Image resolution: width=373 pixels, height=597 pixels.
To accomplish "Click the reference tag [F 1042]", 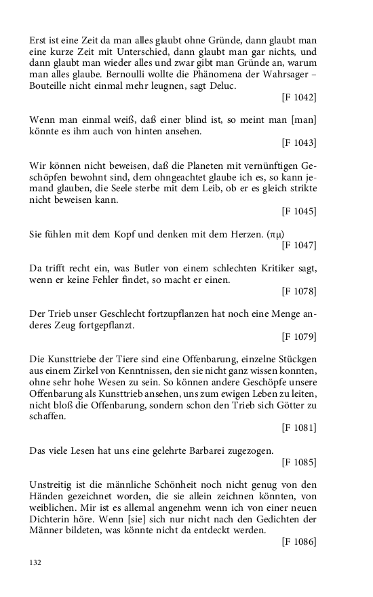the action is coord(299,98).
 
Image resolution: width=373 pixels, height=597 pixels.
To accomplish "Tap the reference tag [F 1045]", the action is coord(299,211).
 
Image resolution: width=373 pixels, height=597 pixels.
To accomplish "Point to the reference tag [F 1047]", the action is coord(299,245).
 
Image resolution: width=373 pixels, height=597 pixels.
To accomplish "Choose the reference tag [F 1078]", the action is coord(299,291).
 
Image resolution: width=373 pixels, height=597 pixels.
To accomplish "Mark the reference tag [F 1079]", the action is coord(299,336).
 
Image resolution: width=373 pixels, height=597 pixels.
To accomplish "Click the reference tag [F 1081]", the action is coord(299,427).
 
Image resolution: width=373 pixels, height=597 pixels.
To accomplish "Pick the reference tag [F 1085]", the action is coord(299,462).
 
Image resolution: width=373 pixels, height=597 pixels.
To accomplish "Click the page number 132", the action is coord(37,562).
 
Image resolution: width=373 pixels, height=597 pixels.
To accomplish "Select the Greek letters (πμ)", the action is coord(275,234).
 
